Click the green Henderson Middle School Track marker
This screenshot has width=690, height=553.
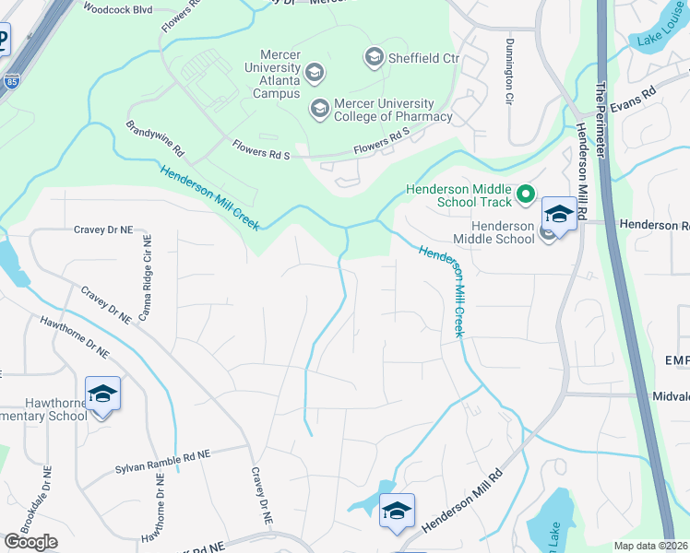click(526, 194)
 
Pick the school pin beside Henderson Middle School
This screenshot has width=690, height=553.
click(559, 215)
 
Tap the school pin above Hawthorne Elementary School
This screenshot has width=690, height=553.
click(103, 394)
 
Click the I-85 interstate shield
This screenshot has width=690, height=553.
click(11, 80)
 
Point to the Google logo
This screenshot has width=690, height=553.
click(30, 542)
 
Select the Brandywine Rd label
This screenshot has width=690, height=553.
click(156, 137)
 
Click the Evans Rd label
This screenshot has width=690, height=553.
click(632, 100)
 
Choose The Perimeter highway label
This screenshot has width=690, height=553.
click(601, 110)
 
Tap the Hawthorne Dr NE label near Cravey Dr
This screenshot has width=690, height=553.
click(74, 337)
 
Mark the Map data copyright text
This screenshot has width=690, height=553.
click(651, 546)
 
